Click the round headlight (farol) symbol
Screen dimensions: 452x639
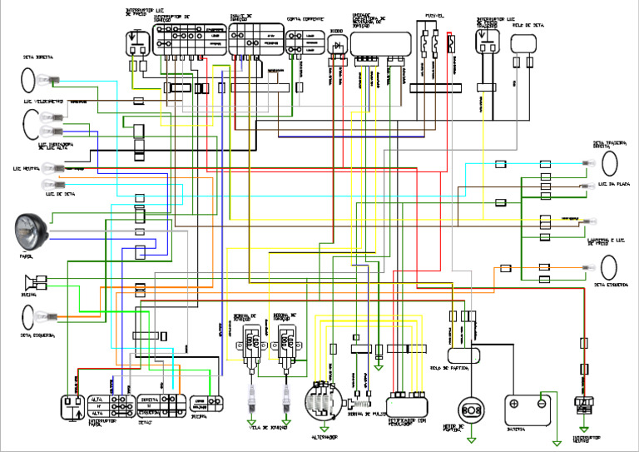[x=31, y=229]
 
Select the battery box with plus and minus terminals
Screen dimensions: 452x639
[x=529, y=407]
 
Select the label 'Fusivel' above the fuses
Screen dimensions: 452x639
[x=436, y=15]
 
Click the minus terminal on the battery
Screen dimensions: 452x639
[x=542, y=403]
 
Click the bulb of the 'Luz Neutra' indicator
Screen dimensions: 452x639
[x=52, y=168]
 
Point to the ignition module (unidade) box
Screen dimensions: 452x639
[x=379, y=42]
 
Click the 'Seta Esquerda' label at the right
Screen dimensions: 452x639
[x=612, y=285]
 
